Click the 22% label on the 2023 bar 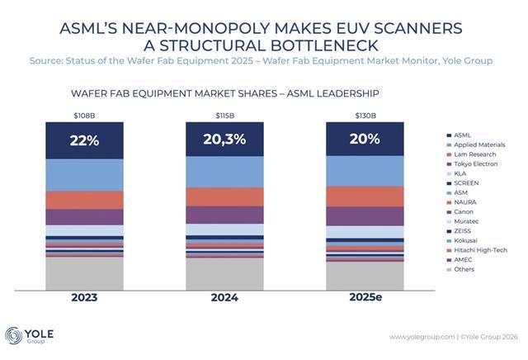coord(85,140)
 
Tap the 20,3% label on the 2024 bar coord(224,140)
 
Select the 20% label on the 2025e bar coord(365,140)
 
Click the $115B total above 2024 coord(224,115)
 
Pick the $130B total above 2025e coord(365,115)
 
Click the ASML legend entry coord(463,135)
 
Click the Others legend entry coord(464,269)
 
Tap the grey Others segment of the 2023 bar coord(84,273)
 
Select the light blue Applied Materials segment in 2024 coord(224,172)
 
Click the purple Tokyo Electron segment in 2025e coord(365,216)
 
